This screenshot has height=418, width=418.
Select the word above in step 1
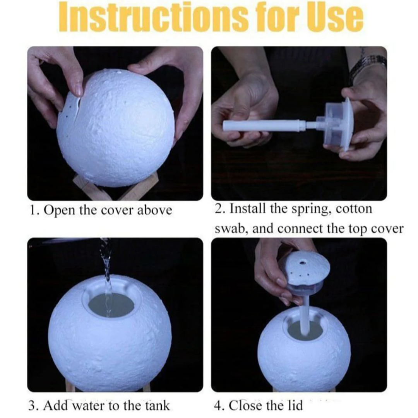154,210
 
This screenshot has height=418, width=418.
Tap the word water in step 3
89,406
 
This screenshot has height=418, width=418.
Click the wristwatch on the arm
368,65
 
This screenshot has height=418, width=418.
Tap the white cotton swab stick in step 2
264,126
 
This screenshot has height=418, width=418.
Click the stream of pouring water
106,274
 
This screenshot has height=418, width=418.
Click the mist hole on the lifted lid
303,263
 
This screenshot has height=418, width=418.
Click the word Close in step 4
245,406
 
